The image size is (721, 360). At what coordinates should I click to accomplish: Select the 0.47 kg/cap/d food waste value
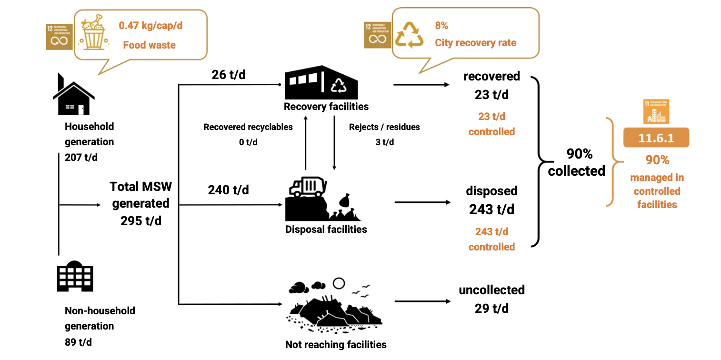coord(150,26)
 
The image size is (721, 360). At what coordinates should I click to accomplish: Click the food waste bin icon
coord(93,33)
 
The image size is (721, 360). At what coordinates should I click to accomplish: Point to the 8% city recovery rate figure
coord(441,26)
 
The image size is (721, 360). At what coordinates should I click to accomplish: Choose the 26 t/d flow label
coord(229,75)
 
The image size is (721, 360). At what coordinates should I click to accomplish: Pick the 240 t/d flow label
coord(228,190)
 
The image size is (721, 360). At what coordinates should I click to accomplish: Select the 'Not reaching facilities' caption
coord(336,344)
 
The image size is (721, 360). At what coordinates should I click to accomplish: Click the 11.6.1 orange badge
coord(656,138)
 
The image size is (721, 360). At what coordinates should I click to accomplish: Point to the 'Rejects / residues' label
coord(384,127)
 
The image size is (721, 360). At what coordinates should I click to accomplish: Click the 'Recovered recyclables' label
coord(248,127)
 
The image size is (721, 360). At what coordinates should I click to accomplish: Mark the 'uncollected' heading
coord(491,290)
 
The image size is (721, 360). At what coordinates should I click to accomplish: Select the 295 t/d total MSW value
coord(141,221)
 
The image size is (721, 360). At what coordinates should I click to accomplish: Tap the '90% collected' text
coord(576,162)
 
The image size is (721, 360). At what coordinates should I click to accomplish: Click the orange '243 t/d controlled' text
coord(491,239)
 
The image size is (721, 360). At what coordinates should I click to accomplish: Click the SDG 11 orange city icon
coord(656,112)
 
